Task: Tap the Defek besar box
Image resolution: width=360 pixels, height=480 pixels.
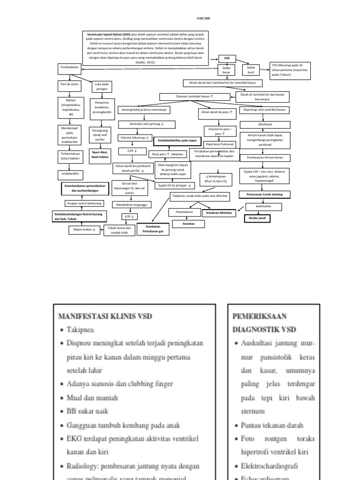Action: (x=227, y=70)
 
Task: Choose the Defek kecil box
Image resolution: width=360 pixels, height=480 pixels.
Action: (x=251, y=70)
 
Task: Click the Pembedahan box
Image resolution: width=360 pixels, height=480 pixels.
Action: (x=69, y=68)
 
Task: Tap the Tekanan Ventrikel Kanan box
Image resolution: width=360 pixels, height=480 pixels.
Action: (x=195, y=96)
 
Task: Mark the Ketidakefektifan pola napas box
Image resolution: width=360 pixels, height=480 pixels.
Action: (x=178, y=140)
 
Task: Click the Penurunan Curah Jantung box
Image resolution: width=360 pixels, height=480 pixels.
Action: (x=262, y=194)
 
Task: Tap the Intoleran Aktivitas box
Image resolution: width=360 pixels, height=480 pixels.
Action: (x=219, y=213)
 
